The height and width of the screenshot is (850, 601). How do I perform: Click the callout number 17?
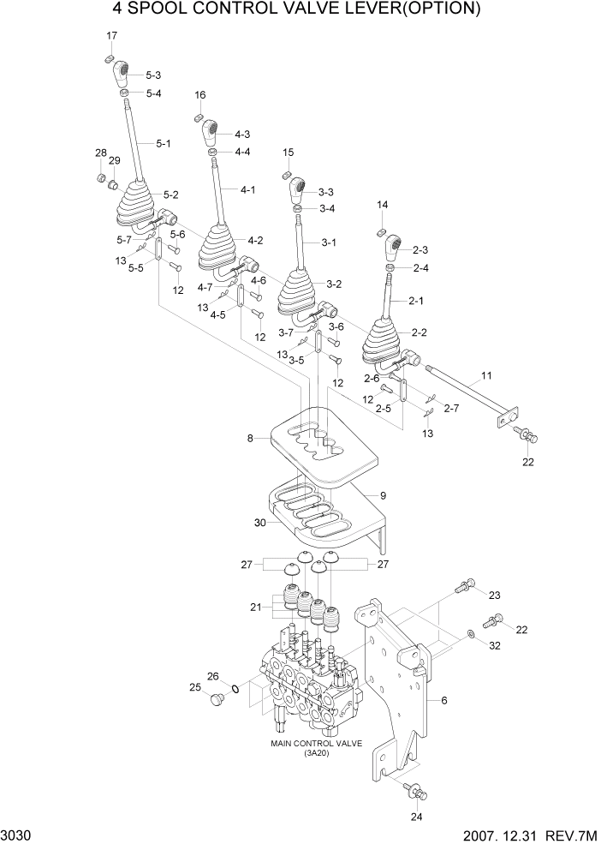(x=111, y=35)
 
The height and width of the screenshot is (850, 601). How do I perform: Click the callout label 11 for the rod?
(x=486, y=376)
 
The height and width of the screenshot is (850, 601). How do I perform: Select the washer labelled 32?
(x=470, y=634)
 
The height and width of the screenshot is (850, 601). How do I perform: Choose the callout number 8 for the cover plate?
(x=251, y=439)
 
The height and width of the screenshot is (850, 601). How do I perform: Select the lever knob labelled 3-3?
(x=295, y=191)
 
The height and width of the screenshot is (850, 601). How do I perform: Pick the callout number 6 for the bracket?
(x=444, y=700)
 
